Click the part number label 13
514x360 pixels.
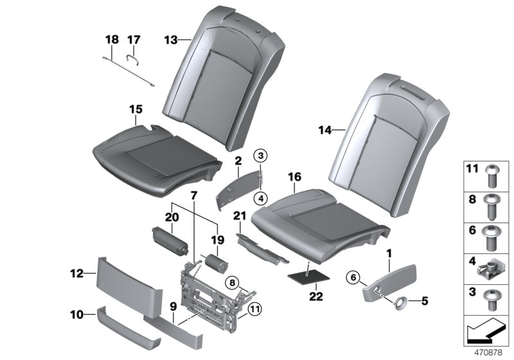(x=170, y=40)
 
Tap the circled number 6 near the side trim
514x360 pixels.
(x=352, y=276)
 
